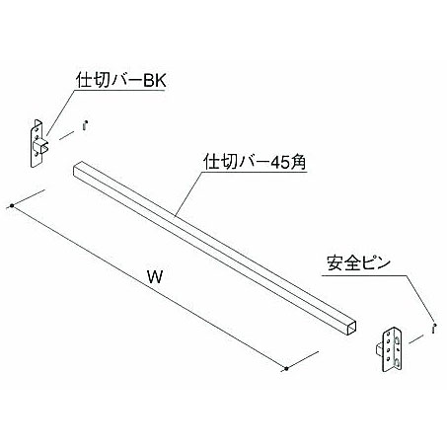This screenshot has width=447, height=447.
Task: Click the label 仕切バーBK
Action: [x=121, y=80]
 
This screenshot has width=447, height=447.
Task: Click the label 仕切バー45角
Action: [x=255, y=162]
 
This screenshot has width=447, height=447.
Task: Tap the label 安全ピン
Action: [x=358, y=263]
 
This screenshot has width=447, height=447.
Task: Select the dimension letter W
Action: [x=155, y=277]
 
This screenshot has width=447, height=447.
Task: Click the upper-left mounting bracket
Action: [x=37, y=143]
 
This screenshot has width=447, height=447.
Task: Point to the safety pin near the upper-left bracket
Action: [x=85, y=126]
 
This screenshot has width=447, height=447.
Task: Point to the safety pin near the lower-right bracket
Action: [x=434, y=329]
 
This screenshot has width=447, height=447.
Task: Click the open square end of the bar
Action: [x=351, y=328]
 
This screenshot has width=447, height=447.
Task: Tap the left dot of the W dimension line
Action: [x=12, y=206]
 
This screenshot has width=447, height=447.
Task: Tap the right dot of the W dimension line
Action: [x=286, y=369]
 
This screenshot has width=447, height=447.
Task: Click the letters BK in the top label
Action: [x=155, y=81]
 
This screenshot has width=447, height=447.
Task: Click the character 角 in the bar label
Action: [x=298, y=162]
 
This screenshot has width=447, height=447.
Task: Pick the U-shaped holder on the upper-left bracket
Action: [x=41, y=147]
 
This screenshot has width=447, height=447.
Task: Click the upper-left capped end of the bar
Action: [x=77, y=169]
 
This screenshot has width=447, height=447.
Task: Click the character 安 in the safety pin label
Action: [x=335, y=263]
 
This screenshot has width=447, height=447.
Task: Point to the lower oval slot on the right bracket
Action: [x=398, y=363]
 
